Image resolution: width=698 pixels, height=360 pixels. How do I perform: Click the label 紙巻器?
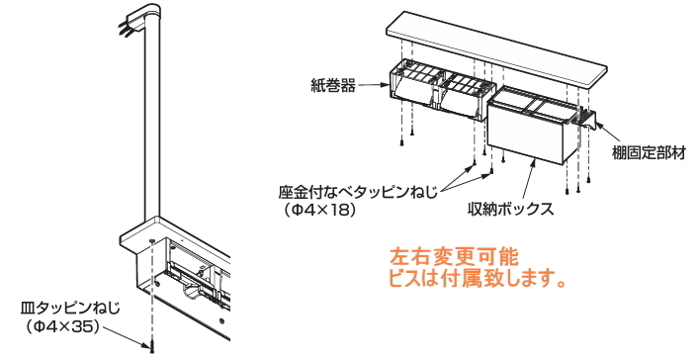[x=333, y=86]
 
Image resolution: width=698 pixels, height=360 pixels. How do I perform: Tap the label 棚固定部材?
[x=649, y=153]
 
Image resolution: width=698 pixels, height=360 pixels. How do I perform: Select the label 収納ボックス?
[x=510, y=209]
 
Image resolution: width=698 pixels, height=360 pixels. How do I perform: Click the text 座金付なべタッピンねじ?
[x=358, y=193]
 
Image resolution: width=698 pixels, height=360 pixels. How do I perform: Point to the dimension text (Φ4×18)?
[x=320, y=211]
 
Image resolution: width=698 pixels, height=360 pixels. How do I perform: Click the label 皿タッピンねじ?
[x=70, y=309]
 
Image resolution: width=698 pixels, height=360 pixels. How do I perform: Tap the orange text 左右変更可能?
[x=454, y=257]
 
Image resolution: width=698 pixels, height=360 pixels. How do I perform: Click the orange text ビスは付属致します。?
[x=478, y=279]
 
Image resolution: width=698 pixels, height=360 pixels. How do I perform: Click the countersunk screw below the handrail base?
[x=152, y=346]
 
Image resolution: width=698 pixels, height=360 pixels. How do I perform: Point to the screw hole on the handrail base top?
[x=152, y=241]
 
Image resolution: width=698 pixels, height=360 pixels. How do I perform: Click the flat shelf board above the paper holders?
[x=496, y=48]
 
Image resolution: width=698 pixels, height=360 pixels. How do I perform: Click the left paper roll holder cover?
[x=410, y=93]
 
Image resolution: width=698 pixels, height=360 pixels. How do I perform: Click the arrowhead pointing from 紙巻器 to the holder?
[x=386, y=85]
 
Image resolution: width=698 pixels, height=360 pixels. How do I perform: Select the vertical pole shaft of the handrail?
[x=151, y=130]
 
